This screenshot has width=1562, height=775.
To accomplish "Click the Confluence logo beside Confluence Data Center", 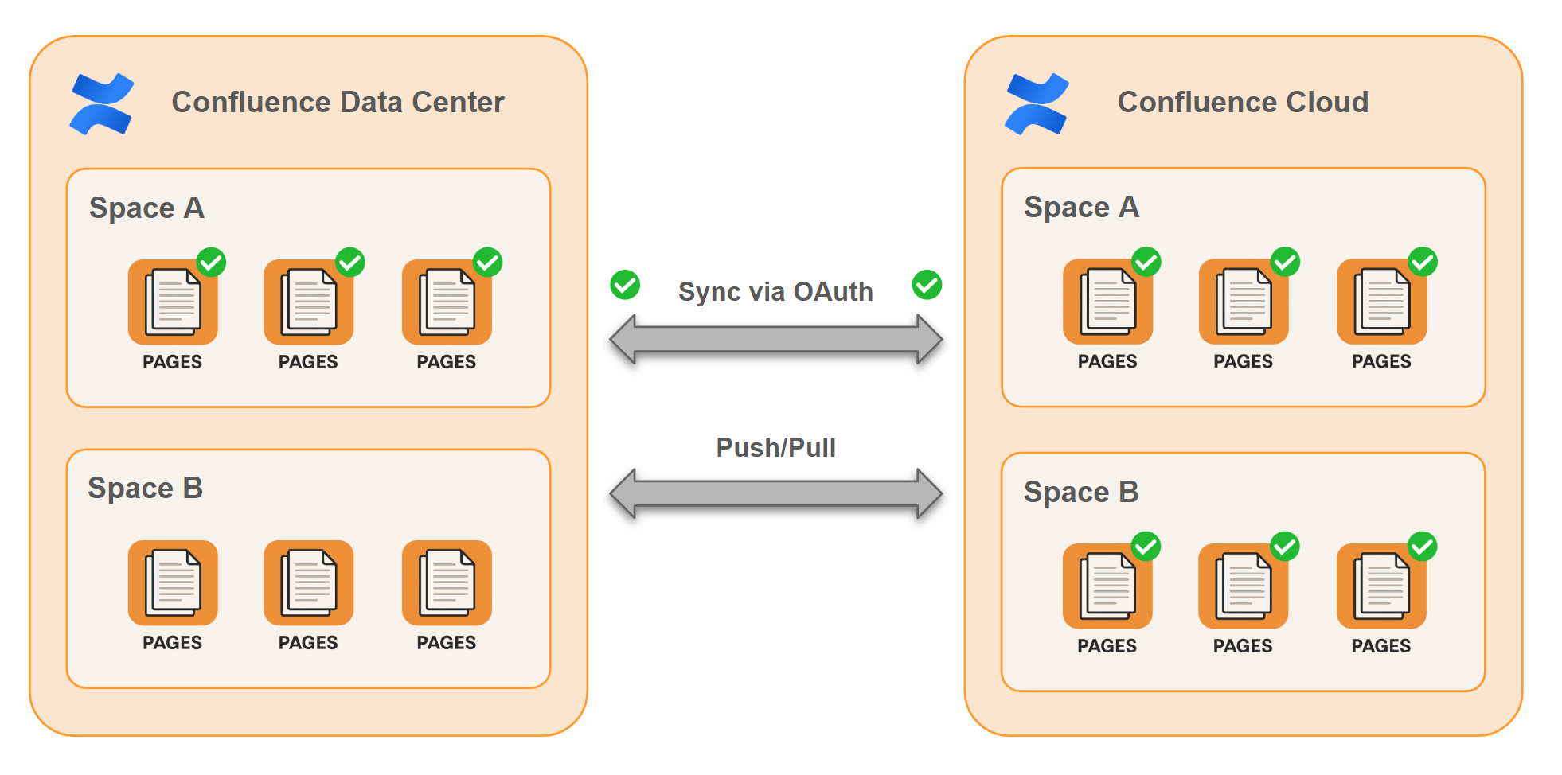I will tap(102, 103).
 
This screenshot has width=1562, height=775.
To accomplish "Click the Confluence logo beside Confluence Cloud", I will tap(1037, 103).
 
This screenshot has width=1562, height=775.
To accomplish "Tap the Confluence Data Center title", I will tap(338, 103).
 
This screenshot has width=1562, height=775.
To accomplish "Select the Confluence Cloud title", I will tap(1243, 103).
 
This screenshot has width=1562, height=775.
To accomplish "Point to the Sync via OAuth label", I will tap(775, 292).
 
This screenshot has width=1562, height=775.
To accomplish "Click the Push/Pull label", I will tap(775, 448).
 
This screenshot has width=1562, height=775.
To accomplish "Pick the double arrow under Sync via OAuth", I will tap(775, 340).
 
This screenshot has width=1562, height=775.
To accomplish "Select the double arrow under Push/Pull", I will tap(775, 494).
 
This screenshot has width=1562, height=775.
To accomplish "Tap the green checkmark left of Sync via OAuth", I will tap(625, 285).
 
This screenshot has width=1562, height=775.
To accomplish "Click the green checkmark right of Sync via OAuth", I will tap(927, 285).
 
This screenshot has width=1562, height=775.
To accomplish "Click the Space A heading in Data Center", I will tap(146, 208).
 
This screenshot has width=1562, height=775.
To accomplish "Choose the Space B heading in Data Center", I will tap(145, 489).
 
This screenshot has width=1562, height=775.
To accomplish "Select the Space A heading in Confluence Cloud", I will tap(1081, 208).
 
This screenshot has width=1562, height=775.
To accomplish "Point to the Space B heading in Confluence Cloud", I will tap(1081, 493).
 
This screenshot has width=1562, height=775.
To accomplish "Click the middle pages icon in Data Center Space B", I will tap(308, 583).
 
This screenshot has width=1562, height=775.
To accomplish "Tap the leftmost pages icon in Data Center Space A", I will tap(173, 302).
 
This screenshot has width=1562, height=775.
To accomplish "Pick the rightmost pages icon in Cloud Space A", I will tap(1381, 302).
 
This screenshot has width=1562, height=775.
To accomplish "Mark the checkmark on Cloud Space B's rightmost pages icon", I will tap(1422, 547).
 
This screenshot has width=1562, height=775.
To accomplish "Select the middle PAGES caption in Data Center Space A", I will tap(308, 362).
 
